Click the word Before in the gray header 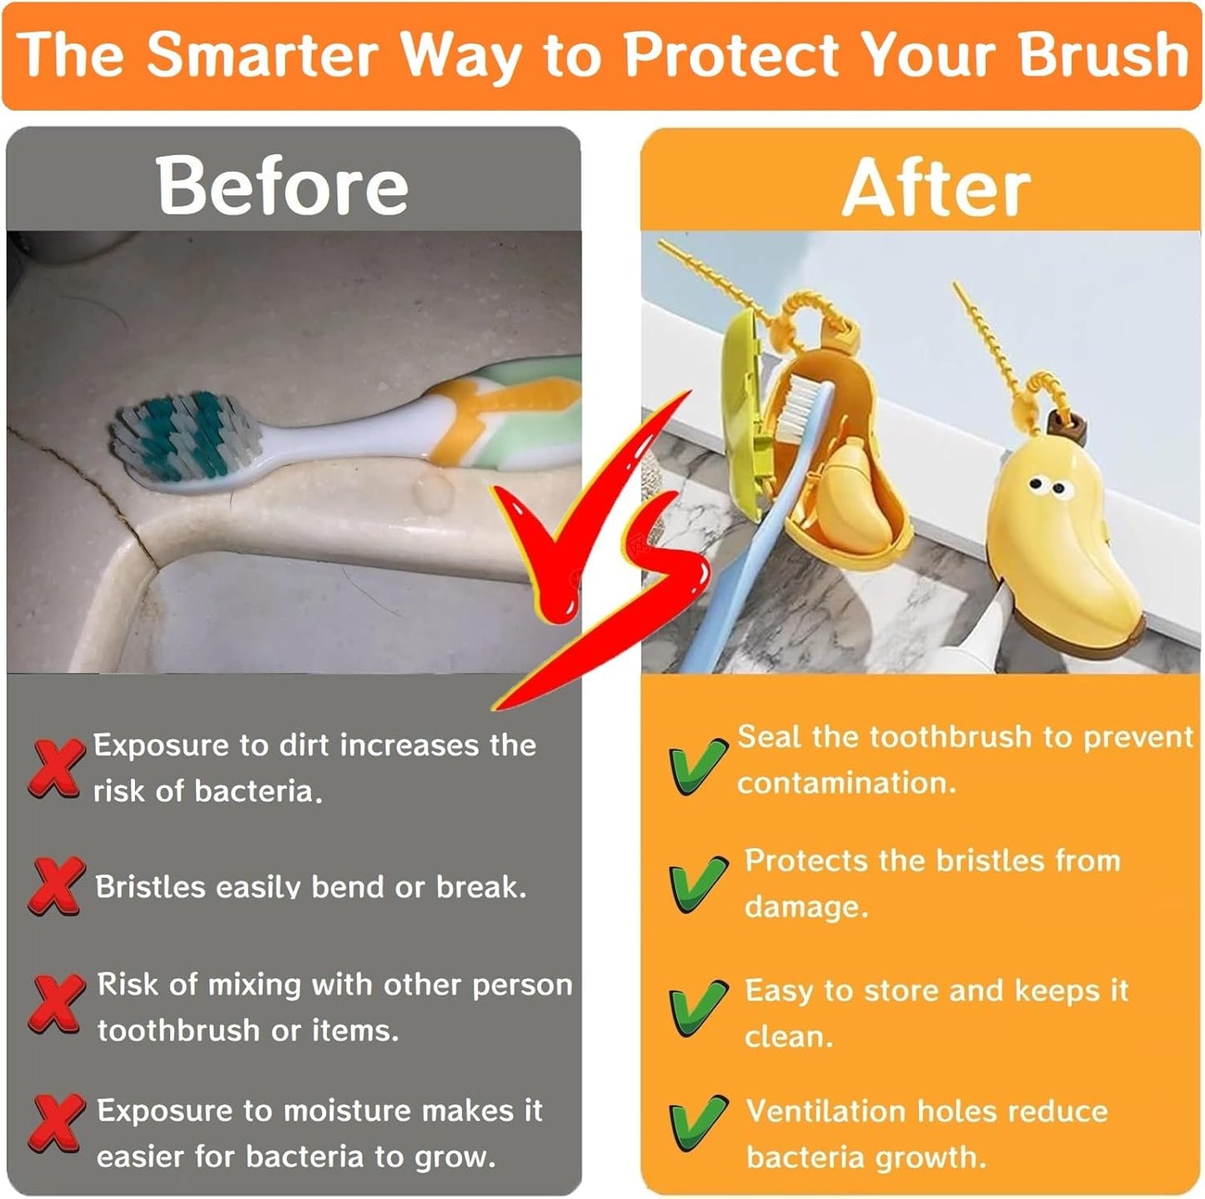pos(282,186)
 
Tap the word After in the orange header pos(936,188)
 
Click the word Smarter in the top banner pos(263,55)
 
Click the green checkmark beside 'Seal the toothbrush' pos(697,765)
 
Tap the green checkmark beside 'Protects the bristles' pos(697,883)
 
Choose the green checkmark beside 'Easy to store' pos(697,1006)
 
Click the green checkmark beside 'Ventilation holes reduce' pos(697,1123)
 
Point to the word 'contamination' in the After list pos(846,783)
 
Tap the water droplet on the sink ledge pos(432,494)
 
